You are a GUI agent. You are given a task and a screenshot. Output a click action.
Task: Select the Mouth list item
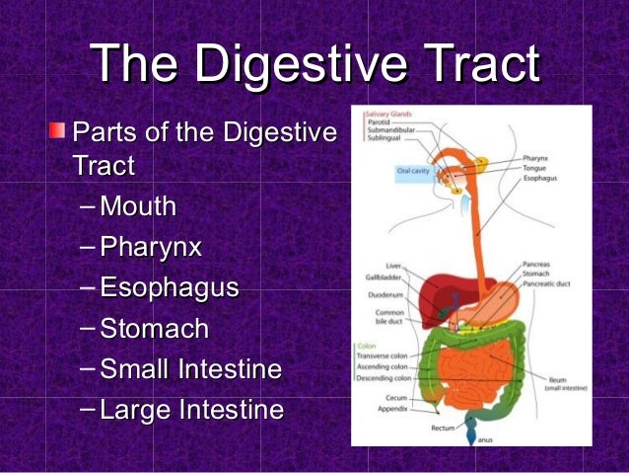[x=138, y=206]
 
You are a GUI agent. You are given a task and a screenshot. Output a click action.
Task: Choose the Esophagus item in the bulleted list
[x=170, y=288]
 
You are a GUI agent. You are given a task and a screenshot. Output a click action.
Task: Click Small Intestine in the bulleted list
[x=191, y=369]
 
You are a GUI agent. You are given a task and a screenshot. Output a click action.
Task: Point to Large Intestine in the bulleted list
[x=191, y=410]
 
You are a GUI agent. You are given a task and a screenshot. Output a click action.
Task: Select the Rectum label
[x=443, y=429]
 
